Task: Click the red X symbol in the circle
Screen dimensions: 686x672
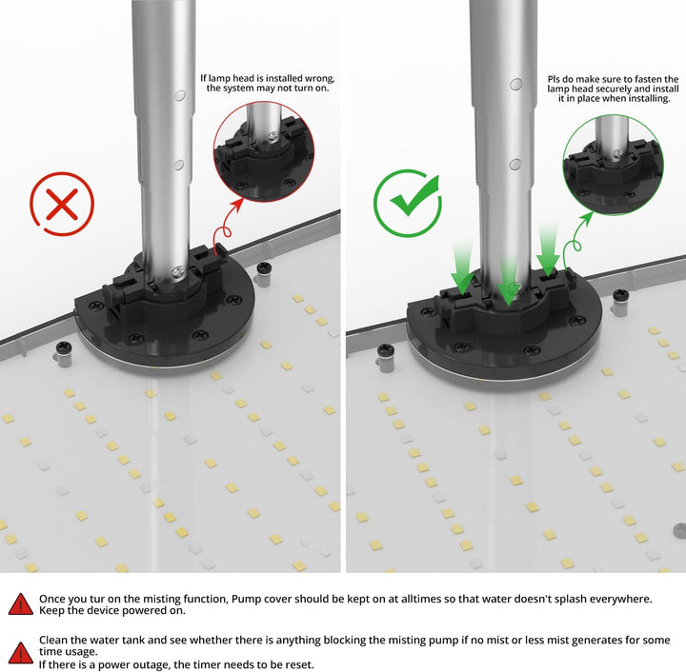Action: pyautogui.click(x=62, y=204)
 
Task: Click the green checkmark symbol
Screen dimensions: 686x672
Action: pyautogui.click(x=414, y=197)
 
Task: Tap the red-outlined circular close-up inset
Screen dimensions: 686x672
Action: pyautogui.click(x=264, y=151)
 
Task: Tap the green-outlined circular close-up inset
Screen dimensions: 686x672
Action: pyautogui.click(x=614, y=165)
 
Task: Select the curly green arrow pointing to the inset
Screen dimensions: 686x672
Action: pyautogui.click(x=575, y=243)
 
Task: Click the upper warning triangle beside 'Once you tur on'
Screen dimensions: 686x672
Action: pyautogui.click(x=20, y=604)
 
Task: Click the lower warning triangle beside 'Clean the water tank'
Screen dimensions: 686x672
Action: pyautogui.click(x=20, y=652)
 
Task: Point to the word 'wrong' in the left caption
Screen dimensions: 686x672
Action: pyautogui.click(x=319, y=78)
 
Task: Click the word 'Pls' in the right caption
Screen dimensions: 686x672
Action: pyautogui.click(x=554, y=79)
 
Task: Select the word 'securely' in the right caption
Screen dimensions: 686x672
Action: pyautogui.click(x=614, y=89)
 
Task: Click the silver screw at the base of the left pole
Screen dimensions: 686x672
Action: pyautogui.click(x=178, y=271)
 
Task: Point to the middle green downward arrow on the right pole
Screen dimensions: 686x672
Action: pyautogui.click(x=509, y=282)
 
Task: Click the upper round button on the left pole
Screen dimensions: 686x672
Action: pyautogui.click(x=180, y=95)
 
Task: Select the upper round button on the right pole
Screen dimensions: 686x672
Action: pyautogui.click(x=516, y=84)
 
